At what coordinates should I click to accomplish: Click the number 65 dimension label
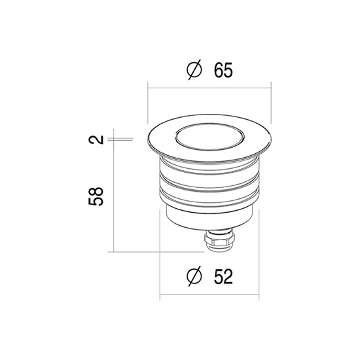(223, 70)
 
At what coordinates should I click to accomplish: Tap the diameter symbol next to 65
(194, 69)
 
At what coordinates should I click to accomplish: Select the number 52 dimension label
(223, 276)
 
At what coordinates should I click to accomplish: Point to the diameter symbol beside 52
(194, 276)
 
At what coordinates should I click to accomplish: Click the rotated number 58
(96, 196)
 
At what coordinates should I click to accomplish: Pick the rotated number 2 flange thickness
(96, 139)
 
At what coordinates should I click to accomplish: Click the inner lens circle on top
(209, 137)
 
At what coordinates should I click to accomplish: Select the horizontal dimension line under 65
(209, 88)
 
